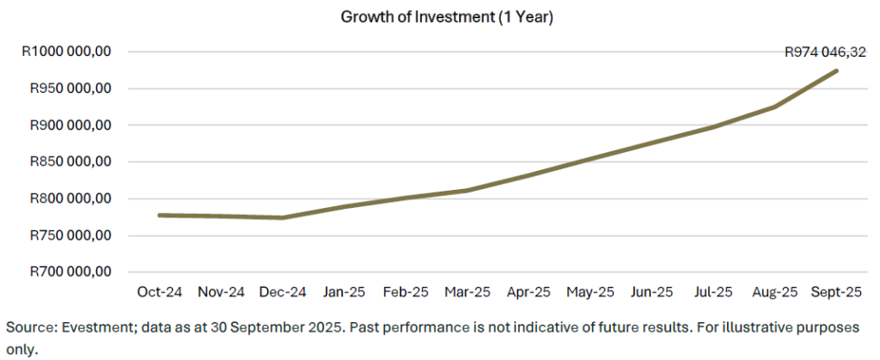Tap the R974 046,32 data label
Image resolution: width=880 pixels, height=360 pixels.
click(825, 52)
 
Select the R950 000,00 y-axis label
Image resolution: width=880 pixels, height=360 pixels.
click(71, 88)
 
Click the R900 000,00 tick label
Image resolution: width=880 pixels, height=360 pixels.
click(71, 125)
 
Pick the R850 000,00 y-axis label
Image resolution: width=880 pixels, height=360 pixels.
click(71, 162)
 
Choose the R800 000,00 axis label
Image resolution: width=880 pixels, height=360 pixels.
click(71, 198)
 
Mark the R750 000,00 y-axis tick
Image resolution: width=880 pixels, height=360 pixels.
click(71, 235)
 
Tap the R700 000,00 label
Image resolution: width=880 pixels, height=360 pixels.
click(71, 272)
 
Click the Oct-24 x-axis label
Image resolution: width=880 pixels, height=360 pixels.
click(160, 292)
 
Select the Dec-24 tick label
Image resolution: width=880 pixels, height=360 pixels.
click(283, 292)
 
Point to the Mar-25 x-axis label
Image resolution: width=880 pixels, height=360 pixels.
click(467, 292)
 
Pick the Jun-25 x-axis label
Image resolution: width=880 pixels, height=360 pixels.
click(651, 292)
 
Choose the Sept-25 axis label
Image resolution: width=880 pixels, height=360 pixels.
click(837, 292)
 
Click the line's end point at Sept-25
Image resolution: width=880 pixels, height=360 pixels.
click(837, 70)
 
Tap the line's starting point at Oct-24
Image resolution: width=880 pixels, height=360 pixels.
click(160, 215)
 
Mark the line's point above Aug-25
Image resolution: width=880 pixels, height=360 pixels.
click(775, 107)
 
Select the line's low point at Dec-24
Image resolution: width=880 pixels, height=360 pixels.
click(283, 217)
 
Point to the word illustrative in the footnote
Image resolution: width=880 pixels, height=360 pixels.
click(767, 328)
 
